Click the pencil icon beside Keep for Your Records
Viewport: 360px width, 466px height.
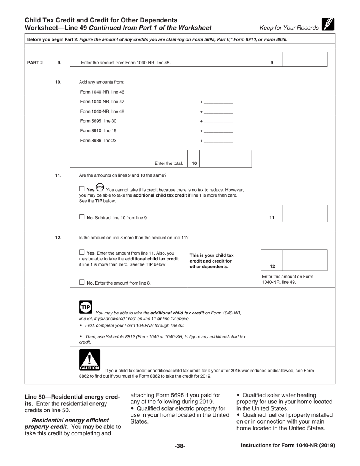[328, 25]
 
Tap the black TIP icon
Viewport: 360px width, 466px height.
[86, 307]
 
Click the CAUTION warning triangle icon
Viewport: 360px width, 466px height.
[90, 360]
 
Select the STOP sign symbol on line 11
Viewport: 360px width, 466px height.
[100, 188]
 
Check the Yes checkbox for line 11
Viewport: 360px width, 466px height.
[82, 189]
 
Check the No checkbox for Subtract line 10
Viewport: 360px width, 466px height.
[82, 217]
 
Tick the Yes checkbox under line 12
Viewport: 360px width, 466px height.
[82, 252]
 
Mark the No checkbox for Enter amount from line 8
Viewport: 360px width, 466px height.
[82, 282]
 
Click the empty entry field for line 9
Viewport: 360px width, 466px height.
[305, 59]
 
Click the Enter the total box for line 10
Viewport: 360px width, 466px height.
[225, 159]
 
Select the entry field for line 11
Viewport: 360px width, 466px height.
[305, 213]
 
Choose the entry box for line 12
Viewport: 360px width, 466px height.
[305, 260]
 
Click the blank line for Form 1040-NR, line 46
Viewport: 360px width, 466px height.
[218, 92]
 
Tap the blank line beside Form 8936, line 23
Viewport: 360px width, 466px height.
[218, 141]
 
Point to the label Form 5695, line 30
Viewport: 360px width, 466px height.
[98, 121]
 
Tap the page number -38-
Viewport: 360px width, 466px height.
[180, 446]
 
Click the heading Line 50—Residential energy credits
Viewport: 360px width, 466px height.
[72, 400]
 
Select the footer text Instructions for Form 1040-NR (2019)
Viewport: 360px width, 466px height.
[288, 446]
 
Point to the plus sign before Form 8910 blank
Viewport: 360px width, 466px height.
[202, 131]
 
